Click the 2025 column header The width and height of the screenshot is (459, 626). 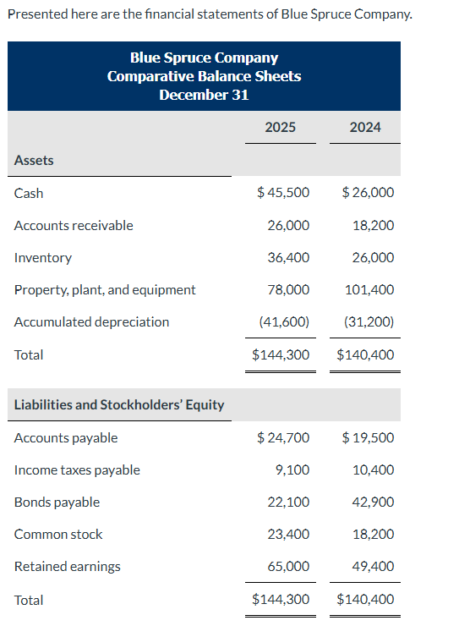(280, 127)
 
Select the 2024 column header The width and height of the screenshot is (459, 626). (364, 127)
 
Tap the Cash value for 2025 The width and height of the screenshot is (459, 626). (282, 193)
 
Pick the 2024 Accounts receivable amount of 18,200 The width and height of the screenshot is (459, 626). (370, 225)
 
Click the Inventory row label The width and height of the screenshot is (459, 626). (43, 257)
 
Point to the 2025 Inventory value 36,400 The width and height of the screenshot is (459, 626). (287, 257)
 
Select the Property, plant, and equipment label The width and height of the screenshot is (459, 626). (105, 289)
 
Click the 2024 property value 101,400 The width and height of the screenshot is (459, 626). (369, 289)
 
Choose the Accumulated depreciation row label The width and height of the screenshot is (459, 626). (91, 321)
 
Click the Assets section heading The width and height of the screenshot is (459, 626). (34, 160)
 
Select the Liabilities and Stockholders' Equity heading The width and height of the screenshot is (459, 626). (119, 404)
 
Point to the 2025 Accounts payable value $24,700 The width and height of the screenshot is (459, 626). (282, 437)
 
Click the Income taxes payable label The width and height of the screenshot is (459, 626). (77, 469)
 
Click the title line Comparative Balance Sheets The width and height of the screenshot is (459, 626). (204, 76)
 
